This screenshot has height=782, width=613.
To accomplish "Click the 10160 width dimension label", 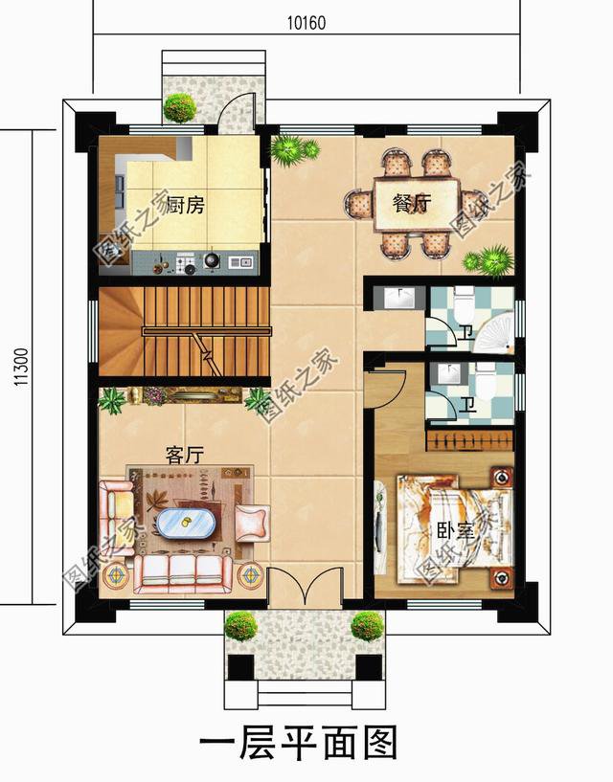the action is (306, 23).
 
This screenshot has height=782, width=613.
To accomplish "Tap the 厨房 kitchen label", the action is (185, 205).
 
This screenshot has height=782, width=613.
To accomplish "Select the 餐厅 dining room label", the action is (411, 203).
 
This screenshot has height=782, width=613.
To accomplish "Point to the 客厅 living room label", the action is (185, 455).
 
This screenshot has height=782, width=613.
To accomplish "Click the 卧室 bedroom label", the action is (455, 530).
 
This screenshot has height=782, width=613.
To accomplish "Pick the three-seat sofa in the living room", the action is (183, 574).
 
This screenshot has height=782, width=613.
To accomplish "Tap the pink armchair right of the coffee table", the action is (252, 524).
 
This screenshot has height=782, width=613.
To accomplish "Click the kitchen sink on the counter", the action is (240, 261).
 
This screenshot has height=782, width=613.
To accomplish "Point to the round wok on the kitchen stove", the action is (212, 260).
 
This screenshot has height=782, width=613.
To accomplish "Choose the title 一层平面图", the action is (299, 744).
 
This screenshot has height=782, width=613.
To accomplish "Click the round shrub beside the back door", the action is (179, 108).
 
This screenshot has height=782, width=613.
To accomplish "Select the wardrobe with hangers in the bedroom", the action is (469, 440).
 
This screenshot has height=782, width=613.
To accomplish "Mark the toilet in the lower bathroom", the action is (486, 381).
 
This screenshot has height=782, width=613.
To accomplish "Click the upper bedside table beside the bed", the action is (502, 477).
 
